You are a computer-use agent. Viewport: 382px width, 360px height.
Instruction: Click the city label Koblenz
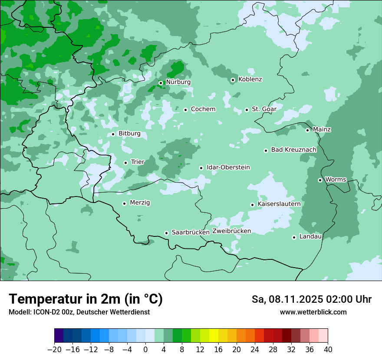(250, 79)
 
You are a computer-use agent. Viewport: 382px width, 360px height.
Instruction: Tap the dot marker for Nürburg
(161, 83)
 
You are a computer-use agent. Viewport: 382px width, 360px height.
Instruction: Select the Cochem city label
(203, 109)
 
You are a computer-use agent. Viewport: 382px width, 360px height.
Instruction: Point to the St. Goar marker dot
(247, 110)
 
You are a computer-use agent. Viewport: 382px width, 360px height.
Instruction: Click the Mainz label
(322, 130)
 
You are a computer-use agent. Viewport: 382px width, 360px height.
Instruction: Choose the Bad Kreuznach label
(293, 150)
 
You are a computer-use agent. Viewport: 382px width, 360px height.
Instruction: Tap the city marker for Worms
(320, 180)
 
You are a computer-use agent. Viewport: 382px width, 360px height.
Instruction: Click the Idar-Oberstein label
(228, 167)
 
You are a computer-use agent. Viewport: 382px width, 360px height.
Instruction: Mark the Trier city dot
(125, 163)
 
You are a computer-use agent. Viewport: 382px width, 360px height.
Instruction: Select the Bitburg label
(129, 134)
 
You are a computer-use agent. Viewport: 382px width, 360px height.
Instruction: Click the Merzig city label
(140, 203)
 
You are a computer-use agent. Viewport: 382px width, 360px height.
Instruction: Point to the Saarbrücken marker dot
(166, 233)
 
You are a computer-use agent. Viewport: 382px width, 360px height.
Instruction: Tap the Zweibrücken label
(231, 231)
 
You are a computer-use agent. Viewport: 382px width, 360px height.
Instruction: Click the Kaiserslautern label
(279, 204)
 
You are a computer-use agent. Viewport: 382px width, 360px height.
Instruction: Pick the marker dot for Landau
(294, 237)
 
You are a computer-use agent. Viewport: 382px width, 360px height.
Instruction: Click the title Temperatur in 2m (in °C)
(86, 299)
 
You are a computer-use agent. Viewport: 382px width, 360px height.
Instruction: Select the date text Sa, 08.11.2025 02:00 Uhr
(311, 299)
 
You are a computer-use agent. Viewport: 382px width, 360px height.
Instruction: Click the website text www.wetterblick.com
(313, 312)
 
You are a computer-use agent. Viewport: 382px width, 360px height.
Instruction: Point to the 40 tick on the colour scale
(328, 350)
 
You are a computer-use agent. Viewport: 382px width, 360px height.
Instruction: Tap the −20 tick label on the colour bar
(54, 350)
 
